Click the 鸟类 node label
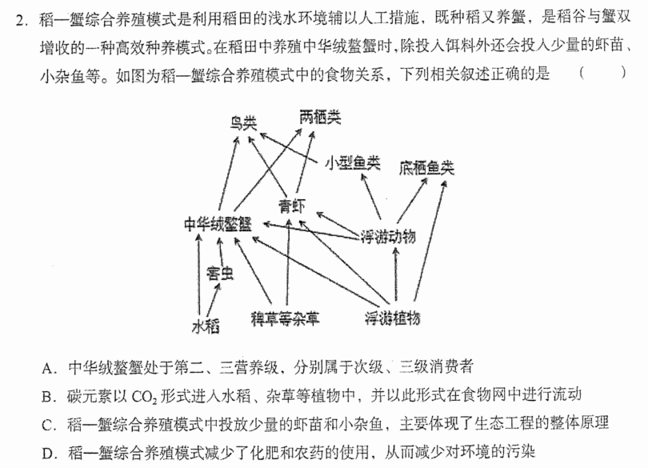tap(243, 122)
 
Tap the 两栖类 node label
tap(320, 118)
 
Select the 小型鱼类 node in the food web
tap(353, 163)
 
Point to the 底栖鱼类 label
tap(426, 167)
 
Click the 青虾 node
tap(293, 206)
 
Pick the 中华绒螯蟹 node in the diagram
tap(218, 225)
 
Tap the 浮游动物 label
tap(388, 237)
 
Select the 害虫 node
tap(220, 274)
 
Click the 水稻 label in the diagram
tap(206, 326)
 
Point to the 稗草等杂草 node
tap(285, 318)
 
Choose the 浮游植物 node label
tap(392, 318)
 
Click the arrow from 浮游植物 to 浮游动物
tap(396, 274)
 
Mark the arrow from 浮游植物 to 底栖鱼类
tap(430, 242)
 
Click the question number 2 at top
tap(21, 19)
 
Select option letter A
tap(48, 368)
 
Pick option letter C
tap(48, 425)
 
